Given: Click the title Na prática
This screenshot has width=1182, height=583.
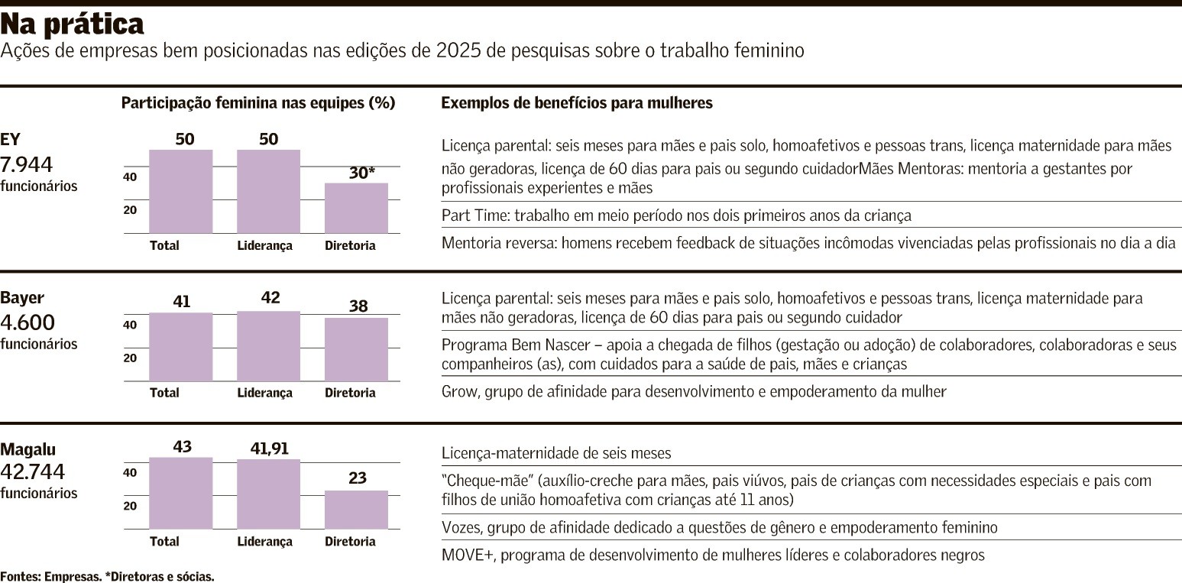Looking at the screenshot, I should click(x=73, y=25).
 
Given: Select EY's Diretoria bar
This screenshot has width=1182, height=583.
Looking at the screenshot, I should click(x=356, y=208).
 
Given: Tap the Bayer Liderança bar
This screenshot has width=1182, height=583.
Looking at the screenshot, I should click(x=268, y=346).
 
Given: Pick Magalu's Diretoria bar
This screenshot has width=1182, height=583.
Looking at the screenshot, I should click(x=356, y=510).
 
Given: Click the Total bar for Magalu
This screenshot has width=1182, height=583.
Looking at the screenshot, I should click(x=180, y=493).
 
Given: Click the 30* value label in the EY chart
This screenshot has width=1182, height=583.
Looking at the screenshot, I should click(x=361, y=173).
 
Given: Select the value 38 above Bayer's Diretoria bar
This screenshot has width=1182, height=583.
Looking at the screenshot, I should click(x=358, y=306).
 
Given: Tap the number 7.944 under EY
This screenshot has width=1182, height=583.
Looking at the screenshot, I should click(x=28, y=164).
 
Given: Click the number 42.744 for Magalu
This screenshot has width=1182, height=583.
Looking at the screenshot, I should click(x=33, y=471).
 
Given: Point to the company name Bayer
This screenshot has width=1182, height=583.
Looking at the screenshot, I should click(x=23, y=297).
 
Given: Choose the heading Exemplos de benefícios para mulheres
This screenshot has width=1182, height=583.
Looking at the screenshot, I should click(x=577, y=103).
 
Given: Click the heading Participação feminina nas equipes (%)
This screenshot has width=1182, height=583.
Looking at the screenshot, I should click(x=258, y=103).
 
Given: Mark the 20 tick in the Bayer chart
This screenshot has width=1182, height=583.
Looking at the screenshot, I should click(x=131, y=358).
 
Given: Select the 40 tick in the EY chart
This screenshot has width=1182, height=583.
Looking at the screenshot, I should click(x=131, y=177).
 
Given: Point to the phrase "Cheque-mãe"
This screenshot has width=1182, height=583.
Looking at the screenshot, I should click(x=484, y=481).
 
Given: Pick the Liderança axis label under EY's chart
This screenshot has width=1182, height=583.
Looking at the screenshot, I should click(x=264, y=246).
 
